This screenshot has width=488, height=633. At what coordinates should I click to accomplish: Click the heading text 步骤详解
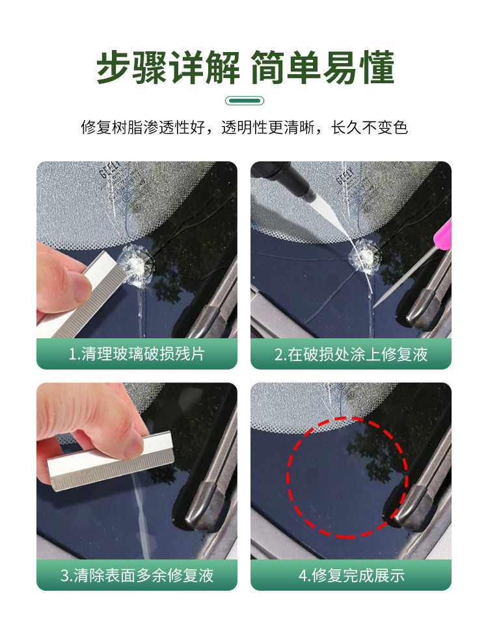point(168,68)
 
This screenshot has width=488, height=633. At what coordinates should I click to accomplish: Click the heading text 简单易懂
point(323,68)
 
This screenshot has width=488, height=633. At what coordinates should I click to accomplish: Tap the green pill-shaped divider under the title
point(244,100)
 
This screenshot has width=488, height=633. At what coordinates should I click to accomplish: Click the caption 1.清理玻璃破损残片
point(137,354)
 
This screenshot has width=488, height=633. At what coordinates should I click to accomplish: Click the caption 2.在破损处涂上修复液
point(351,354)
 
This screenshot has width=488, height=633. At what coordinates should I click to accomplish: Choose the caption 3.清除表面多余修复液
point(137,575)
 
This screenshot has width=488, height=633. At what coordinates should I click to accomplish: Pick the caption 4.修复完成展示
point(351,575)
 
